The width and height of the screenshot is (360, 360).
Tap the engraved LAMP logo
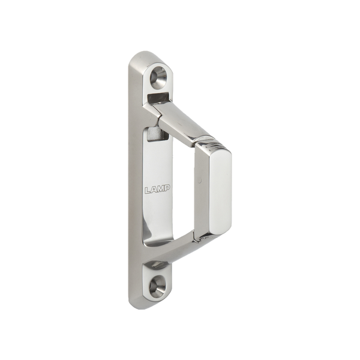pos(157,190)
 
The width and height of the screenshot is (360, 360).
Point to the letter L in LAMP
pos(148,190)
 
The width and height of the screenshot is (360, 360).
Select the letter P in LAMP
pos(167,189)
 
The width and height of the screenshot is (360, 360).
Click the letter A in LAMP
pos(153,190)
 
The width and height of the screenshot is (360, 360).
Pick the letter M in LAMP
pos(160,190)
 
